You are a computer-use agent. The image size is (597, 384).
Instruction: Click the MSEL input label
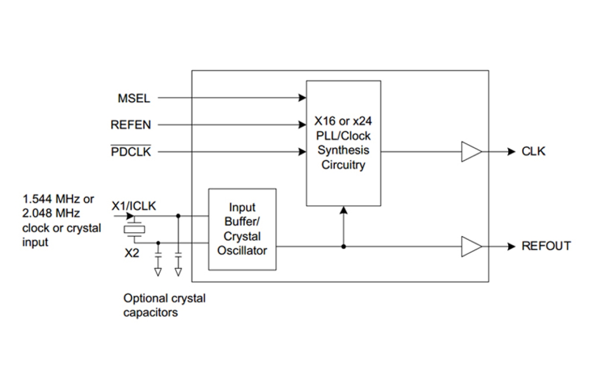[134, 98]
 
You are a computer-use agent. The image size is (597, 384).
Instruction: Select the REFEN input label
[131, 125]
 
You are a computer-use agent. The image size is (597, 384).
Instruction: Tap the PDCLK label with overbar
[131, 152]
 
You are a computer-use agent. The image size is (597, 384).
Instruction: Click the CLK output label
[533, 152]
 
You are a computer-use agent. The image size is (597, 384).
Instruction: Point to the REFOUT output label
[546, 246]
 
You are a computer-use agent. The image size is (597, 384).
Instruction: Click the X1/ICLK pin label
[134, 206]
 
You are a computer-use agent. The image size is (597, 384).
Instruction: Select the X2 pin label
[132, 253]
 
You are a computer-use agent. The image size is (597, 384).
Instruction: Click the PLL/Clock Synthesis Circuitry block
[343, 143]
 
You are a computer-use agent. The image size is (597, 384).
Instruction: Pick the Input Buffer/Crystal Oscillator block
[242, 229]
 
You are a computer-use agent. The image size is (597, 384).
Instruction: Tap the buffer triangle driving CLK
[471, 152]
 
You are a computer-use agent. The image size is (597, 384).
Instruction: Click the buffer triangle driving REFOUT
[471, 246]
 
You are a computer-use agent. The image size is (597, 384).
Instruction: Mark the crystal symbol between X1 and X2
[135, 229]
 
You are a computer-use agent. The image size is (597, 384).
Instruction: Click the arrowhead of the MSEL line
[302, 98]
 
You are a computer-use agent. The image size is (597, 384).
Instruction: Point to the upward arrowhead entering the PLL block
[344, 210]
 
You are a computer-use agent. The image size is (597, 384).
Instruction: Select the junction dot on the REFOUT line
[344, 246]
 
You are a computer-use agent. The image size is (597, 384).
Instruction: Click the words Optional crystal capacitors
[164, 305]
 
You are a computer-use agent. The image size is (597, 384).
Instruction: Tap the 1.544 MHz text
[58, 199]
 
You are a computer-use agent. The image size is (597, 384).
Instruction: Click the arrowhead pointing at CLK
[511, 152]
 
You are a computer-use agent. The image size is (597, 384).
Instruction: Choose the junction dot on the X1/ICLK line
[178, 216]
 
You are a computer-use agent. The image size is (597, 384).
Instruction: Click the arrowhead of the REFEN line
[302, 125]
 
